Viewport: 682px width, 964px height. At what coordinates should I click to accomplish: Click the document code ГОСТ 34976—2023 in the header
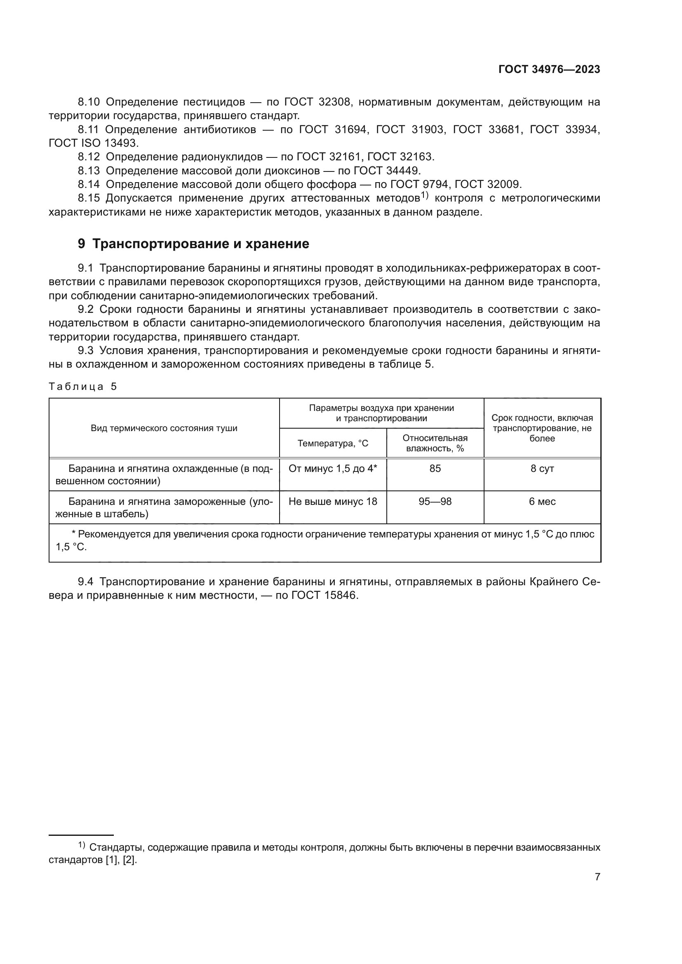coord(549,70)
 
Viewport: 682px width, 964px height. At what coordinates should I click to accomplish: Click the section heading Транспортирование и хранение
coord(200,244)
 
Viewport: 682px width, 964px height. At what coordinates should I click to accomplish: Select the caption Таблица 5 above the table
coord(83,387)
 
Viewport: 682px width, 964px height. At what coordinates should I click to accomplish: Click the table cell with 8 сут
coord(542,469)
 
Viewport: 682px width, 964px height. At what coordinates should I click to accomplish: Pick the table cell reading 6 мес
coord(542,502)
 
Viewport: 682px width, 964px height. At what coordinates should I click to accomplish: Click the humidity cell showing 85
coord(435,469)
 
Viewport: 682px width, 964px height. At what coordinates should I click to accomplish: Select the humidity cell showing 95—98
coord(435,502)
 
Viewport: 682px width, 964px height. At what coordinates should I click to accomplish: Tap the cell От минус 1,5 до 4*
coord(333,469)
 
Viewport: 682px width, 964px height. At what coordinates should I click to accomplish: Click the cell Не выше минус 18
coord(333,502)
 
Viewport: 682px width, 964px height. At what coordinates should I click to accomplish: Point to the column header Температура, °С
coord(333,443)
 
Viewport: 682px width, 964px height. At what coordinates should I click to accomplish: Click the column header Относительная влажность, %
coord(435,443)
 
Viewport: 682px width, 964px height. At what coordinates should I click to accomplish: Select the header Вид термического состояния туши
coord(164,428)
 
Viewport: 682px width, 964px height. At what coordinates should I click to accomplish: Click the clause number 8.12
coord(89,157)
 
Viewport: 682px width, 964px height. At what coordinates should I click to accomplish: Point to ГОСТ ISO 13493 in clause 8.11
coord(93,143)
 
